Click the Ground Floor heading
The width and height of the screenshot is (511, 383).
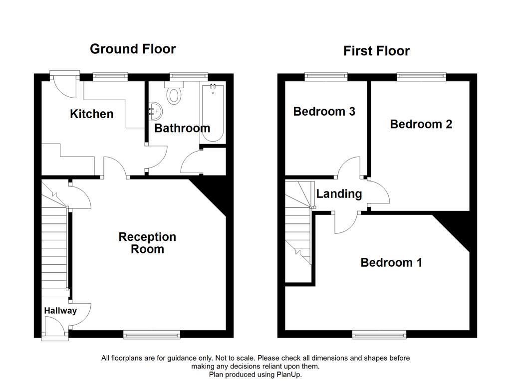133,49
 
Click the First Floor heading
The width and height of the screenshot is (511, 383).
376,51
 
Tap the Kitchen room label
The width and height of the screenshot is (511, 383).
91,114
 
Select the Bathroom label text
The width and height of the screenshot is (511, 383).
182,128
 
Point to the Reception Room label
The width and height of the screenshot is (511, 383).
147,243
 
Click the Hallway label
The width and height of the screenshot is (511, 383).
60,311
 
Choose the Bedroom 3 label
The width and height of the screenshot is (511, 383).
324,111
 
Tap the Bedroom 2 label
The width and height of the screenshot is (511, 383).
421,124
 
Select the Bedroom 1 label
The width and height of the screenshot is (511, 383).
391,262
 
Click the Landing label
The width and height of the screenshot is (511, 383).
339,194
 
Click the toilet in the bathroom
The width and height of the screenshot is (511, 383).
174,94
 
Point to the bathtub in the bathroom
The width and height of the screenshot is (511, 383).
213,112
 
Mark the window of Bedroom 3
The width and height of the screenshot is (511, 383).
326,76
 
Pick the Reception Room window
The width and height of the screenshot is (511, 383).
152,335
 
